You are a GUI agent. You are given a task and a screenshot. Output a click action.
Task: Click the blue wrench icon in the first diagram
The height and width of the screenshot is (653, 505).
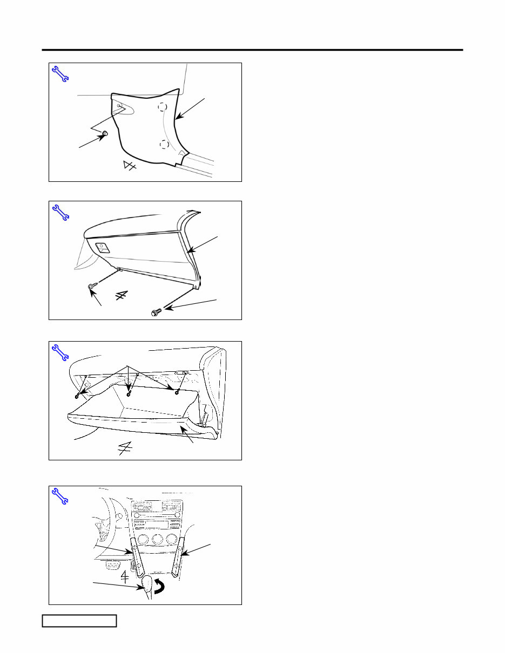59,73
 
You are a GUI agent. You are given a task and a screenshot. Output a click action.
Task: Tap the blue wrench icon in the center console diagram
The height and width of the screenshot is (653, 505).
59,496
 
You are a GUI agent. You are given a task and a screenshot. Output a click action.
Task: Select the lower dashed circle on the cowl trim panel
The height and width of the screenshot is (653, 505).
164,144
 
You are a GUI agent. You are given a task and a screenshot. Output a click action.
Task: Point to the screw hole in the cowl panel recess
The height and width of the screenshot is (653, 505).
119,106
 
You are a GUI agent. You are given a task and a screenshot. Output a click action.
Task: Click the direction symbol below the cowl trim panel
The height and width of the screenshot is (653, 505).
130,166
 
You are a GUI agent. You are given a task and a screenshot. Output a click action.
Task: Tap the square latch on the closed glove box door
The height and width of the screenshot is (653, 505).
102,247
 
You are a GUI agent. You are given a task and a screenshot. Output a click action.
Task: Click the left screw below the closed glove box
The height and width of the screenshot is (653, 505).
91,287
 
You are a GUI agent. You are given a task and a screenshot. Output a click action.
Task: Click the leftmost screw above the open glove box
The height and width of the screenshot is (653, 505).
79,396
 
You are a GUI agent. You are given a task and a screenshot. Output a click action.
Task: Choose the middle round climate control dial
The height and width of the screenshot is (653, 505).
157,540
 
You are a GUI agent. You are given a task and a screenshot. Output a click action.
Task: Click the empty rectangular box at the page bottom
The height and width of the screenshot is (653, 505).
79,621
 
